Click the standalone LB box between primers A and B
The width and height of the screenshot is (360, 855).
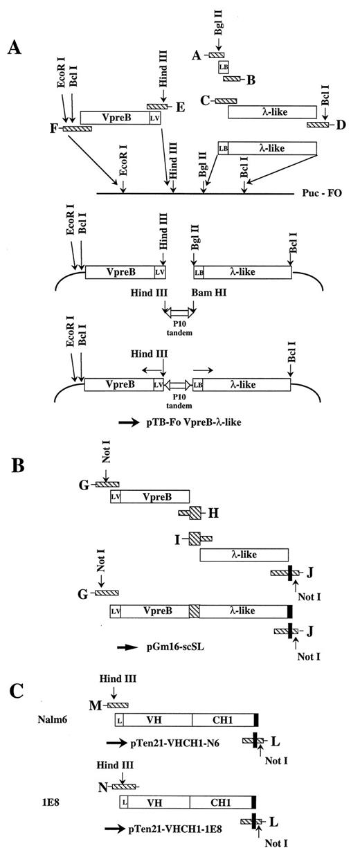(224, 67)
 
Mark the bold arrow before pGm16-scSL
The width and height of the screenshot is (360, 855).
(127, 648)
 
